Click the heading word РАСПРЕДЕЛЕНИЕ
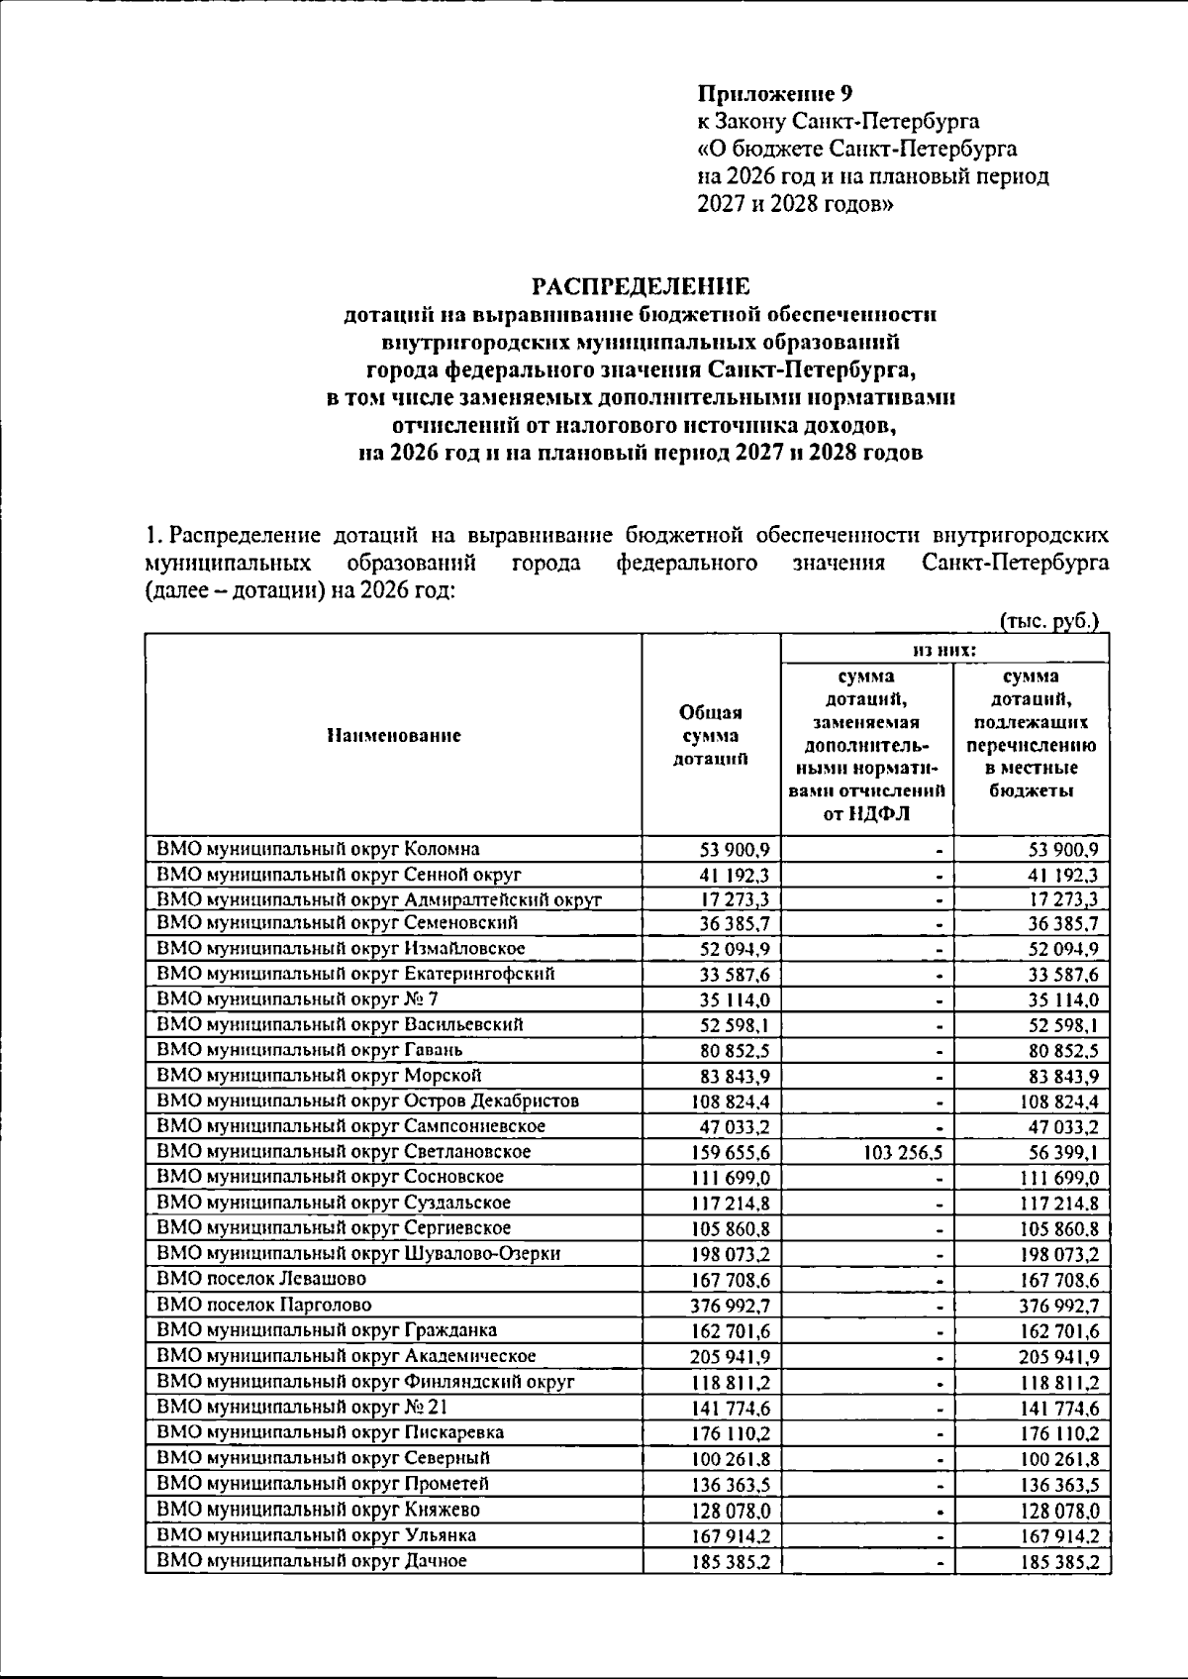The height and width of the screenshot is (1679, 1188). pyautogui.click(x=642, y=287)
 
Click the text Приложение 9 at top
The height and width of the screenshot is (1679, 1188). pyautogui.click(x=774, y=94)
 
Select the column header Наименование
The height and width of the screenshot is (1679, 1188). pyautogui.click(x=394, y=736)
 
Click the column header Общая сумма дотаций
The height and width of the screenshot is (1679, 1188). pyautogui.click(x=710, y=736)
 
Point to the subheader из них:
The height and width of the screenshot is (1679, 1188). pyautogui.click(x=944, y=650)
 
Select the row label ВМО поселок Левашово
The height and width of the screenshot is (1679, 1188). pyautogui.click(x=261, y=1279)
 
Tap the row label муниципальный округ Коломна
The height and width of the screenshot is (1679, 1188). pyautogui.click(x=318, y=849)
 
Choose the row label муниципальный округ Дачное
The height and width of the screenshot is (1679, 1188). pyautogui.click(x=312, y=1561)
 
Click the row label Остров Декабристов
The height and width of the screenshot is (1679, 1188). pyautogui.click(x=491, y=1101)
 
